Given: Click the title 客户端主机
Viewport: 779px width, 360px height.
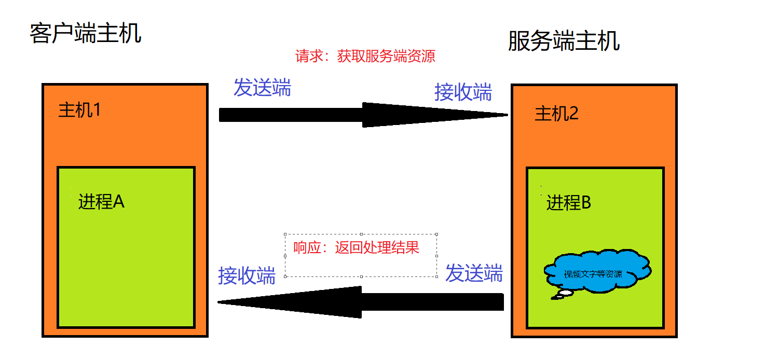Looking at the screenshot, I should [86, 33].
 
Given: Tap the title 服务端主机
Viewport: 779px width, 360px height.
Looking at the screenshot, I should [564, 41].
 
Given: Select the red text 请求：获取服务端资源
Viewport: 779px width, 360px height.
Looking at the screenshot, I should [365, 56].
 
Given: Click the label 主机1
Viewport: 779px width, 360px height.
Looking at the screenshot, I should [79, 110].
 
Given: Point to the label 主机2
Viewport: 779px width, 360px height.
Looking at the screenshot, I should [556, 114].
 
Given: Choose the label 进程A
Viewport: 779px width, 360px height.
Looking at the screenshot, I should [101, 202].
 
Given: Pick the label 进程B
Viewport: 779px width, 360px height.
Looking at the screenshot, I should [569, 203].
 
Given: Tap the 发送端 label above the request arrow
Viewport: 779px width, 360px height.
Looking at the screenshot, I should [262, 88].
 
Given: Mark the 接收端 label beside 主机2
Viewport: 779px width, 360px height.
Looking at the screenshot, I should [463, 92].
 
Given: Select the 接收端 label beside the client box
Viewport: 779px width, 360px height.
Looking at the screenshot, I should [247, 275].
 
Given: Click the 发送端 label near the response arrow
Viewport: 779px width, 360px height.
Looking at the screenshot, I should [474, 273].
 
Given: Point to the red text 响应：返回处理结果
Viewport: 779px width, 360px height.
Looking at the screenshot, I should [356, 247].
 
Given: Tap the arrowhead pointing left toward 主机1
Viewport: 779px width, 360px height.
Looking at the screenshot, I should [291, 302].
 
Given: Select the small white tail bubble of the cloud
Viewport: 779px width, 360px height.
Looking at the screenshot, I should [565, 294].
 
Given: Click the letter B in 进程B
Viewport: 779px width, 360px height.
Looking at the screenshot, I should [585, 203].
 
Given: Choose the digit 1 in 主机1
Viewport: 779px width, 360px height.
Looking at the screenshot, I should [95, 110].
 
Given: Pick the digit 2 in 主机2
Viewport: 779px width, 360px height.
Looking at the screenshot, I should [573, 114].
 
